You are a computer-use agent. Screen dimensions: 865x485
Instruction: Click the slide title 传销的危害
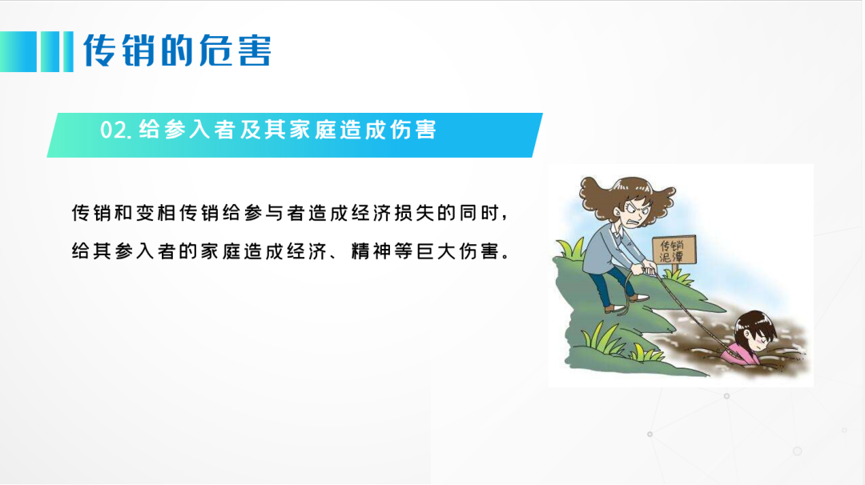point(177,50)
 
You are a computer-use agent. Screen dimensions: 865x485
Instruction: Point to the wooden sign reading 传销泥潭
point(674,251)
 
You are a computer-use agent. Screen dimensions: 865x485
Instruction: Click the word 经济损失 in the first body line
point(394,213)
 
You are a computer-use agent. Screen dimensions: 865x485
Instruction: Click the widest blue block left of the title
point(18,52)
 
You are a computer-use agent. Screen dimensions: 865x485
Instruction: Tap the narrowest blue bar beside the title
point(68,52)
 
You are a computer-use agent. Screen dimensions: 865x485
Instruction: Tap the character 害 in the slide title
point(255,50)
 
